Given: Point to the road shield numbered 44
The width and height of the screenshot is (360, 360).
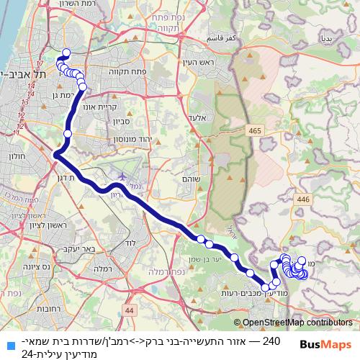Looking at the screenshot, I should [x=129, y=310].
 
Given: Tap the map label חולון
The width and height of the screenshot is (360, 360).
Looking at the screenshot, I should [x=17, y=156].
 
